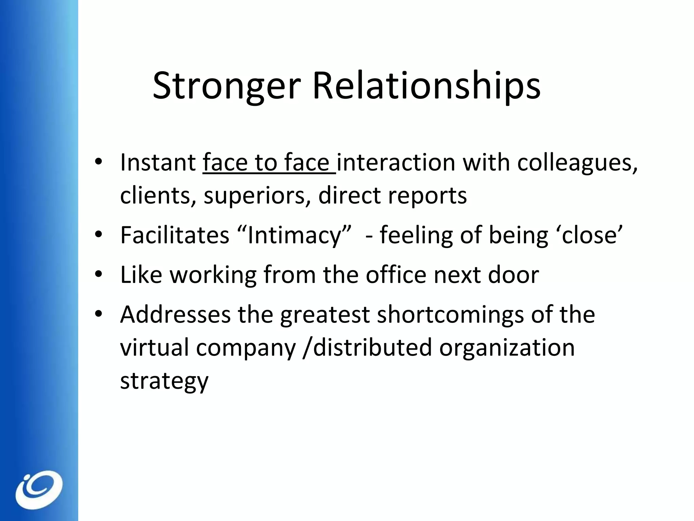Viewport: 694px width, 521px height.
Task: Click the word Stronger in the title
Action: [226, 86]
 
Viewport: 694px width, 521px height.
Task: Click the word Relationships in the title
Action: [426, 86]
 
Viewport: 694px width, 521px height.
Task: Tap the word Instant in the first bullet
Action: [158, 162]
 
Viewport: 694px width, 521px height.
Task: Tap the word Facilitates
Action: [175, 235]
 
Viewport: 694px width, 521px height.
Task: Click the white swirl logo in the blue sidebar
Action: [39, 489]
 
